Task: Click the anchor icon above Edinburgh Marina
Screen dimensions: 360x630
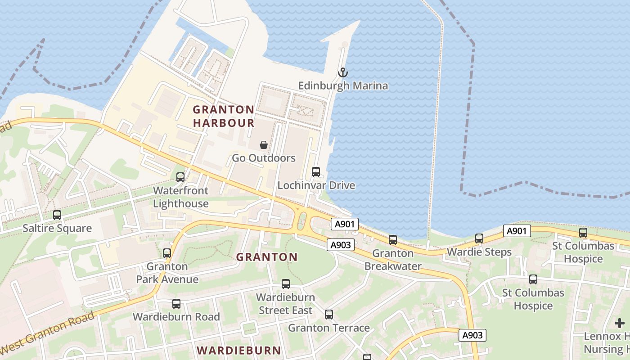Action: coord(343,72)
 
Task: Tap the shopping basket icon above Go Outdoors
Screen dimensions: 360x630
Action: coord(264,145)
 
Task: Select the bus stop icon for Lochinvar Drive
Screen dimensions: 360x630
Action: coord(316,172)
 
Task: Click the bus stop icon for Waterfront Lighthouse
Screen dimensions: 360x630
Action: coord(180,177)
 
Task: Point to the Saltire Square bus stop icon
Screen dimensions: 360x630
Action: coord(57,215)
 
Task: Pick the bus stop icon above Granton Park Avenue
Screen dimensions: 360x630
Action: coord(167,253)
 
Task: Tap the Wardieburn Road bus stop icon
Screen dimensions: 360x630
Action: coord(176,304)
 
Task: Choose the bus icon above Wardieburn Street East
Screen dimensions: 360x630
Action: coord(286,284)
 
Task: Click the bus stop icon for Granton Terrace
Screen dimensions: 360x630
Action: coord(329,315)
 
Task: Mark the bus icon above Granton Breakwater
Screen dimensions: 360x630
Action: coord(393,240)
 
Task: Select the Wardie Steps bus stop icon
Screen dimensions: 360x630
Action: coord(479,238)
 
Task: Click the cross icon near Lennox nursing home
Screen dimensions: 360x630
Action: coord(620,323)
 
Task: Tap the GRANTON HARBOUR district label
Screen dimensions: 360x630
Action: coord(224,116)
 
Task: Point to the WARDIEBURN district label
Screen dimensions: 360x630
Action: coord(239,350)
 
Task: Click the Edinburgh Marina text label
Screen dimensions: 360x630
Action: coord(343,85)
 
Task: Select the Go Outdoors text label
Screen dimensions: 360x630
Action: coord(264,158)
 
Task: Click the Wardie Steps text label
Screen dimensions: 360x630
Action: coord(479,252)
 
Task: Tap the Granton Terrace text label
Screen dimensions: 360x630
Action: coord(329,328)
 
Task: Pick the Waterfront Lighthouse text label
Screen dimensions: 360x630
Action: coord(180,197)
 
